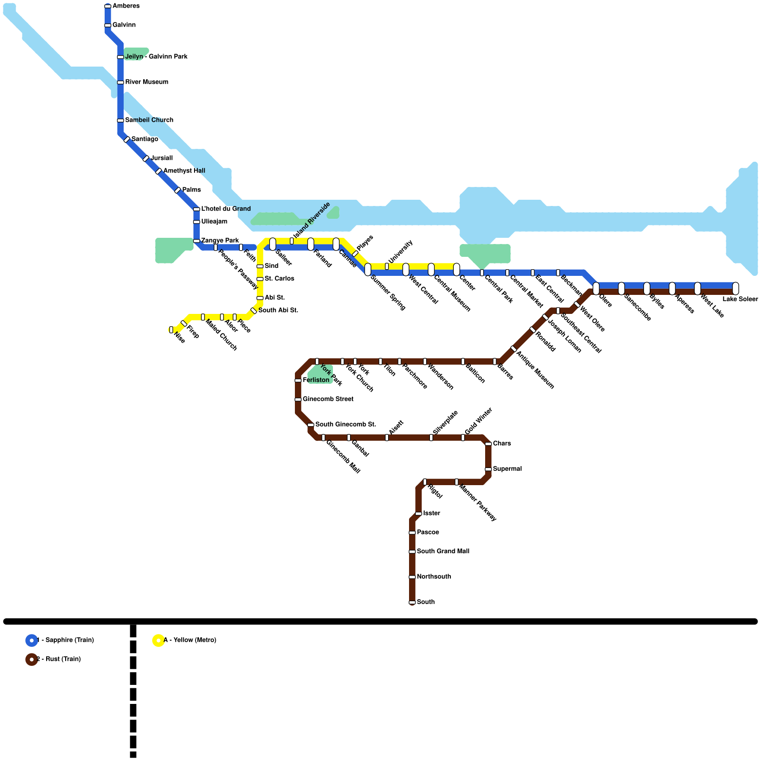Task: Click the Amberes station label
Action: (x=126, y=6)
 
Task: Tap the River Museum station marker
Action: (x=120, y=82)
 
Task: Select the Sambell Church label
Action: (x=149, y=120)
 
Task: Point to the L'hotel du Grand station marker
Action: (x=196, y=209)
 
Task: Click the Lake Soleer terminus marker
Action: (x=735, y=288)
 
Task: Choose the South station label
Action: (x=426, y=602)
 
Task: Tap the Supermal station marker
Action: (x=488, y=469)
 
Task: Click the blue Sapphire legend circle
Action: (x=31, y=641)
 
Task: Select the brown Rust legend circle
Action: (x=31, y=660)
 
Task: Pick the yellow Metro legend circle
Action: (x=158, y=641)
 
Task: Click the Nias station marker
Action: (x=171, y=330)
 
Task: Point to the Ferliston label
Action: (x=316, y=380)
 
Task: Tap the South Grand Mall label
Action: (x=443, y=552)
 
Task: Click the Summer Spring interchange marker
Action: (x=368, y=270)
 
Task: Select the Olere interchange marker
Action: (x=596, y=288)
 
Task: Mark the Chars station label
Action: (x=502, y=444)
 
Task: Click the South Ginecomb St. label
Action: (x=345, y=425)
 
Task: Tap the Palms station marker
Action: (x=177, y=190)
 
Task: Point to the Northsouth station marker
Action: (x=412, y=577)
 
